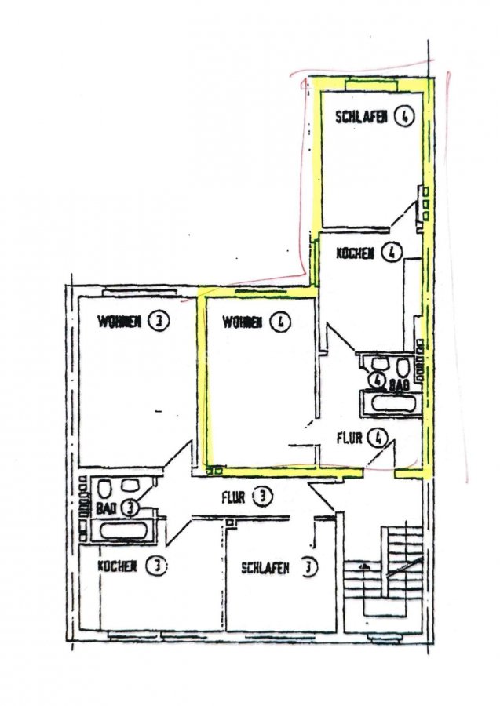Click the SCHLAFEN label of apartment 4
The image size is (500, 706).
pos(361,117)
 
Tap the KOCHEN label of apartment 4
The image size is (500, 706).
pos(355,253)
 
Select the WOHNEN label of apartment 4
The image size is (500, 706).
pos(243,322)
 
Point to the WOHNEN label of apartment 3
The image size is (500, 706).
pos(120,322)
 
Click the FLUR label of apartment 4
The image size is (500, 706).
pos(349,438)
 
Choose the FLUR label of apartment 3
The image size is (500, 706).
pos(233,497)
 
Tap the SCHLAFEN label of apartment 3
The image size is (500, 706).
pos(265,568)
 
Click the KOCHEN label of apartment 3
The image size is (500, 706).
pos(117,566)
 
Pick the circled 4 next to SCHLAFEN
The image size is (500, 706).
pos(404,117)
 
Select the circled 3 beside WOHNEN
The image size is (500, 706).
pos(159,321)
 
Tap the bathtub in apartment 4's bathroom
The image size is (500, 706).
pos(391,402)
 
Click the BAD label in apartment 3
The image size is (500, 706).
pos(107,509)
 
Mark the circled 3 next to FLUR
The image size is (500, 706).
pos(263,497)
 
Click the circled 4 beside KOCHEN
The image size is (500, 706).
pos(391,253)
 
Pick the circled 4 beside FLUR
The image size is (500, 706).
pos(377,438)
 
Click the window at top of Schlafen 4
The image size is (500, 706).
pos(371,83)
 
